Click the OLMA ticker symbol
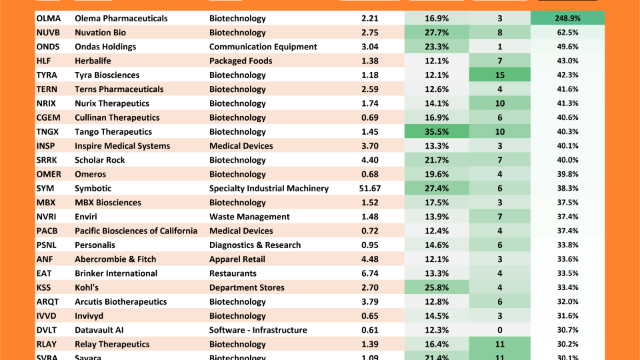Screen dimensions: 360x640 pos(48,19)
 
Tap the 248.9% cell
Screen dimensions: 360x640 pos(568,19)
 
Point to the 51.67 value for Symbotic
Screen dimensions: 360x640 pos(370,189)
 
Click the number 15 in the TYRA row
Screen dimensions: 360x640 pos(499,75)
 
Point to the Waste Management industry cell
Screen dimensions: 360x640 pos(249,217)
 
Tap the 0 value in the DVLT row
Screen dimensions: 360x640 pos(499,330)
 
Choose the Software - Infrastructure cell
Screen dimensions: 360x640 pos(258,330)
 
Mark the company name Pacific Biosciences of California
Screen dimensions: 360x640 pos(136,231)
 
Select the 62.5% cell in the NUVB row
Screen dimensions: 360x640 pos(568,33)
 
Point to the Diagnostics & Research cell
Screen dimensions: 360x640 pos(255,245)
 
